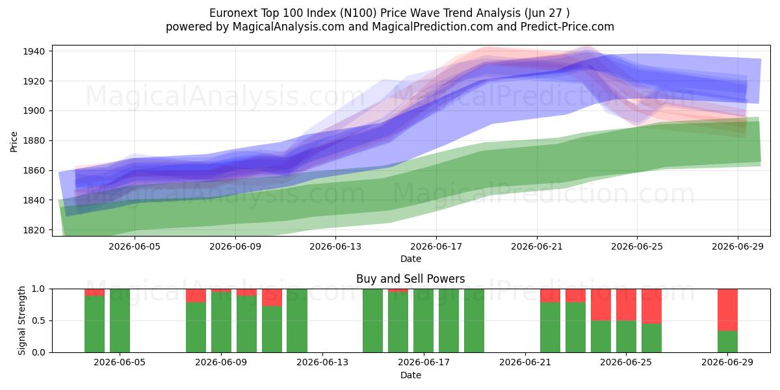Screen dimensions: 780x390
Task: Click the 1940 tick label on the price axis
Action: point(34,51)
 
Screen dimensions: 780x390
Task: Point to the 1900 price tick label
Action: point(34,111)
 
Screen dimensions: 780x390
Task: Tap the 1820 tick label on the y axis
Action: point(34,230)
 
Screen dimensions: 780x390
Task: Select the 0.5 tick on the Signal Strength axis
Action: point(38,320)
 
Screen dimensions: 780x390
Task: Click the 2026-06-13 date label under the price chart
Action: point(335,246)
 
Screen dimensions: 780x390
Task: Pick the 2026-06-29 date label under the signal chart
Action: point(727,362)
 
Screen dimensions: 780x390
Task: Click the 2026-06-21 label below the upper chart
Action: point(537,246)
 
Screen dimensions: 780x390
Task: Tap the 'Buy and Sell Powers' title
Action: point(411,279)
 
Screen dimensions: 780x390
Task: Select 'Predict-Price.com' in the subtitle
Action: point(567,27)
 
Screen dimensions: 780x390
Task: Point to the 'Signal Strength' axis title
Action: point(21,320)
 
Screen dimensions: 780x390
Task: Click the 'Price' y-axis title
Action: point(14,142)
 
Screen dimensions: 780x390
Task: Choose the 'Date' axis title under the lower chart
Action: point(411,375)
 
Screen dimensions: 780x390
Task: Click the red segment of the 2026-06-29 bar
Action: point(727,310)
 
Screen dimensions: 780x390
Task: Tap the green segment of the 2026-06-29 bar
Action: point(727,342)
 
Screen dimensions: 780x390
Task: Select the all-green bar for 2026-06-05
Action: point(120,320)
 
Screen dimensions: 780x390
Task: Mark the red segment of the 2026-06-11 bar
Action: point(272,298)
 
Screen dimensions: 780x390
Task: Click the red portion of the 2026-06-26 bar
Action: point(651,306)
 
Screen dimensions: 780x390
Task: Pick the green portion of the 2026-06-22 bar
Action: point(550,328)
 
